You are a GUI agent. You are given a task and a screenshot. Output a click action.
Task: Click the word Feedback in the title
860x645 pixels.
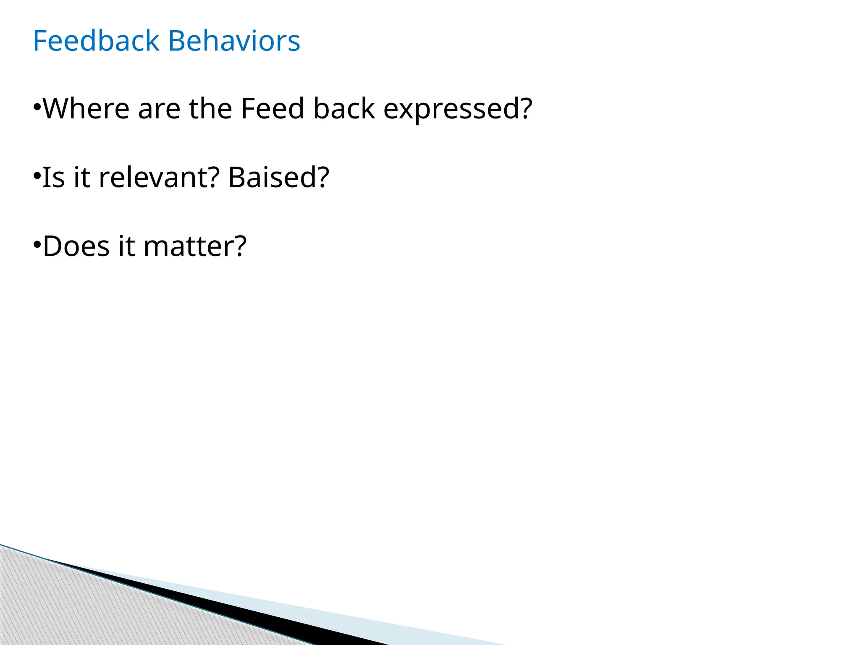tap(96, 41)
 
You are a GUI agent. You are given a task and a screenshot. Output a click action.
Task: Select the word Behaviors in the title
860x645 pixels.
tap(234, 41)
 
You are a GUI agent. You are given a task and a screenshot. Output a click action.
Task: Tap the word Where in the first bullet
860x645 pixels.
tap(86, 109)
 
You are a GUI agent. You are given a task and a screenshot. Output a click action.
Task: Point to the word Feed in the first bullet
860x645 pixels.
tap(272, 109)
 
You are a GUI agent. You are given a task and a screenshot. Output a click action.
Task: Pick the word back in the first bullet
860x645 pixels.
tap(344, 109)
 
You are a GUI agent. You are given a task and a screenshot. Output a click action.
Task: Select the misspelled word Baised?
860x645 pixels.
tap(278, 177)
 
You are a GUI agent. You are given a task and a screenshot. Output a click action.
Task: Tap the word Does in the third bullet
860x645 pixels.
tap(76, 246)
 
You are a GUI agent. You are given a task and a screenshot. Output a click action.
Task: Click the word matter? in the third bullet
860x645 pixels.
tap(195, 246)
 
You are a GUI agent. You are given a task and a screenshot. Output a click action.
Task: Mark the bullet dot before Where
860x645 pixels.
tap(37, 105)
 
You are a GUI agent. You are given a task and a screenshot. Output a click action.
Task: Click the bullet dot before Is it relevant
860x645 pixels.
tap(37, 174)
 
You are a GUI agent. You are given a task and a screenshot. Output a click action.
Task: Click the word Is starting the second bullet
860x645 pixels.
tap(53, 177)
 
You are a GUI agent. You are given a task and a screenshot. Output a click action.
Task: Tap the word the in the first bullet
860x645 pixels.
tap(210, 109)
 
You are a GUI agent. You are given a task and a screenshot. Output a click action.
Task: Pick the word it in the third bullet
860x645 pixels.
tap(126, 246)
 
